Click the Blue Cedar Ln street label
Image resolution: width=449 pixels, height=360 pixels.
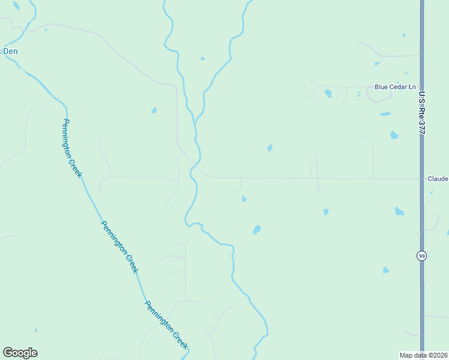point(395,87)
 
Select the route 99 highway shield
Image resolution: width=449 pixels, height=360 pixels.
point(421,256)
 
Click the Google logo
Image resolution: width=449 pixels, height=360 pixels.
point(20,353)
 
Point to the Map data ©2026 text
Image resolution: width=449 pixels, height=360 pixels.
point(424,355)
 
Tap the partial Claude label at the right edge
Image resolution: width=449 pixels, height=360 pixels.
point(438,179)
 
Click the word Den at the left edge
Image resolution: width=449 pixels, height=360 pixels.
point(10,52)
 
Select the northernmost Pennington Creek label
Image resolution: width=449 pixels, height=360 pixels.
point(71,148)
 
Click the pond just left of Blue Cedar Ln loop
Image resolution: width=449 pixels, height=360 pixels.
point(328,94)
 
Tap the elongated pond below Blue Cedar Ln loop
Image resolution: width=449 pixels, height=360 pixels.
point(385,113)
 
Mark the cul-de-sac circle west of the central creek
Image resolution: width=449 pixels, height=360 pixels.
point(100,188)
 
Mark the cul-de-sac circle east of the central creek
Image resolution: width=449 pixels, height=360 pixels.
point(318,188)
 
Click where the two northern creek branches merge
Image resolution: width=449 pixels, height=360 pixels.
point(195,123)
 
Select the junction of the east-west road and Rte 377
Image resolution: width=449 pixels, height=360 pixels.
point(421,178)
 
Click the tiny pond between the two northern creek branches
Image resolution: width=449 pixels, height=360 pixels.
point(202,59)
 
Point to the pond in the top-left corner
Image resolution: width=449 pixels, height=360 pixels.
point(16,5)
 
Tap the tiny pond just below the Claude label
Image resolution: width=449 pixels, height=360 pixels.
point(432,193)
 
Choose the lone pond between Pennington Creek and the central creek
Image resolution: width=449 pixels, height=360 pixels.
point(154,110)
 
